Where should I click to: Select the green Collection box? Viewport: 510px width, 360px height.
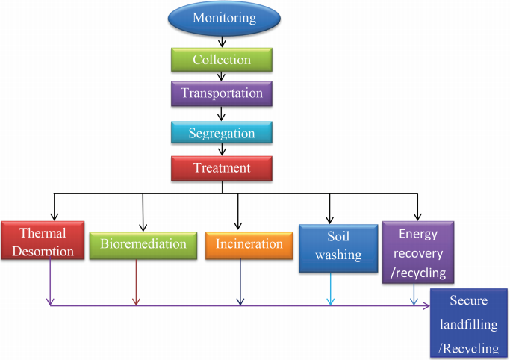(x=221, y=60)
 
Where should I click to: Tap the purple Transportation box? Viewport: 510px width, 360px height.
(x=221, y=94)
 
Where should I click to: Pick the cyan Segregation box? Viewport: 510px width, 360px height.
(x=221, y=134)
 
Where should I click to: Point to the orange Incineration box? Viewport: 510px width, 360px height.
(x=249, y=244)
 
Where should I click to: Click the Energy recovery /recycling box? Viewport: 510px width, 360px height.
(x=417, y=252)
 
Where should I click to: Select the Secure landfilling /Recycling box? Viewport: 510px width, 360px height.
(x=469, y=324)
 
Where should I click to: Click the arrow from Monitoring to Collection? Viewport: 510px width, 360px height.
(x=221, y=40)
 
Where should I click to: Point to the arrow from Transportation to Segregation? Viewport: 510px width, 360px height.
(x=221, y=114)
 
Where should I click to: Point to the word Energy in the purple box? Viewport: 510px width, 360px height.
(x=418, y=235)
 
